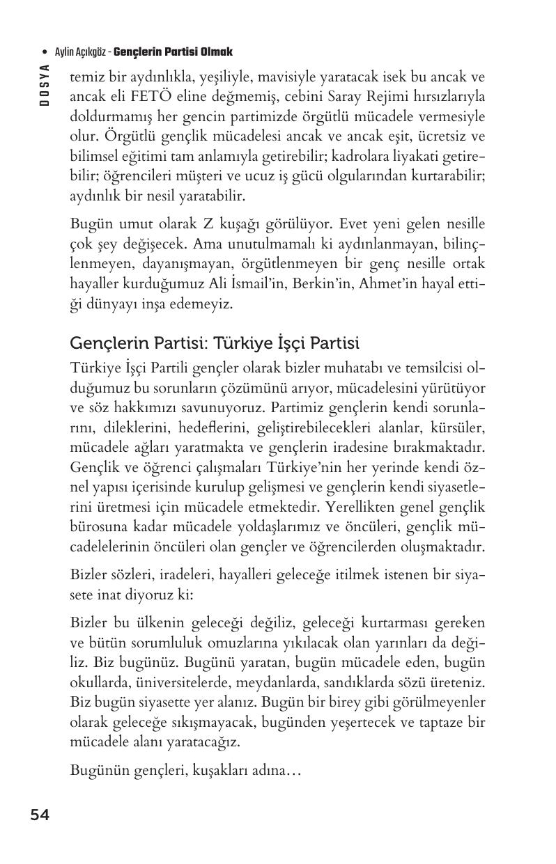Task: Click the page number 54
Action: tap(40, 815)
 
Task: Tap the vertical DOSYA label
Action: tap(45, 85)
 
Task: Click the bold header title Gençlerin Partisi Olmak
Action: tap(173, 52)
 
